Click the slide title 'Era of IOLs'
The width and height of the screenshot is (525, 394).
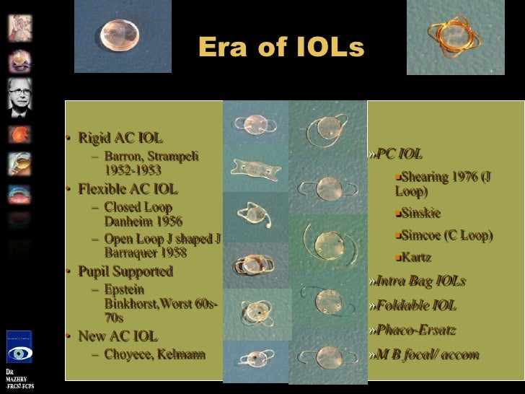(281, 48)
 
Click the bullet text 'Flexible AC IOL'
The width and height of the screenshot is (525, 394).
(127, 191)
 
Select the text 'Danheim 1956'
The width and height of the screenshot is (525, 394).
(143, 222)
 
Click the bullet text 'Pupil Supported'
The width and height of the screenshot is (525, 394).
(126, 272)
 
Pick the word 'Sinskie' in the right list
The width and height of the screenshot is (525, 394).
(420, 213)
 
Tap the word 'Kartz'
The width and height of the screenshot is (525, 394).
(416, 258)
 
